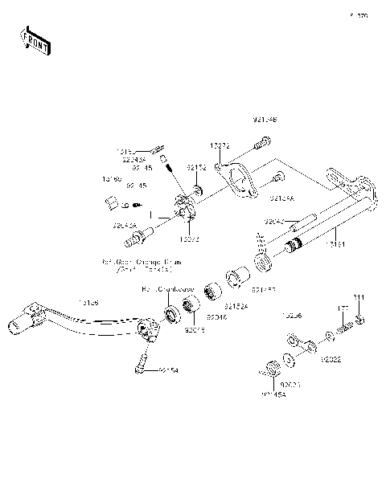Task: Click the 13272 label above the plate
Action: [x=220, y=146]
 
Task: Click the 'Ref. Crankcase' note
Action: [x=164, y=288]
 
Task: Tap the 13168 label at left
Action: [x=112, y=179]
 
